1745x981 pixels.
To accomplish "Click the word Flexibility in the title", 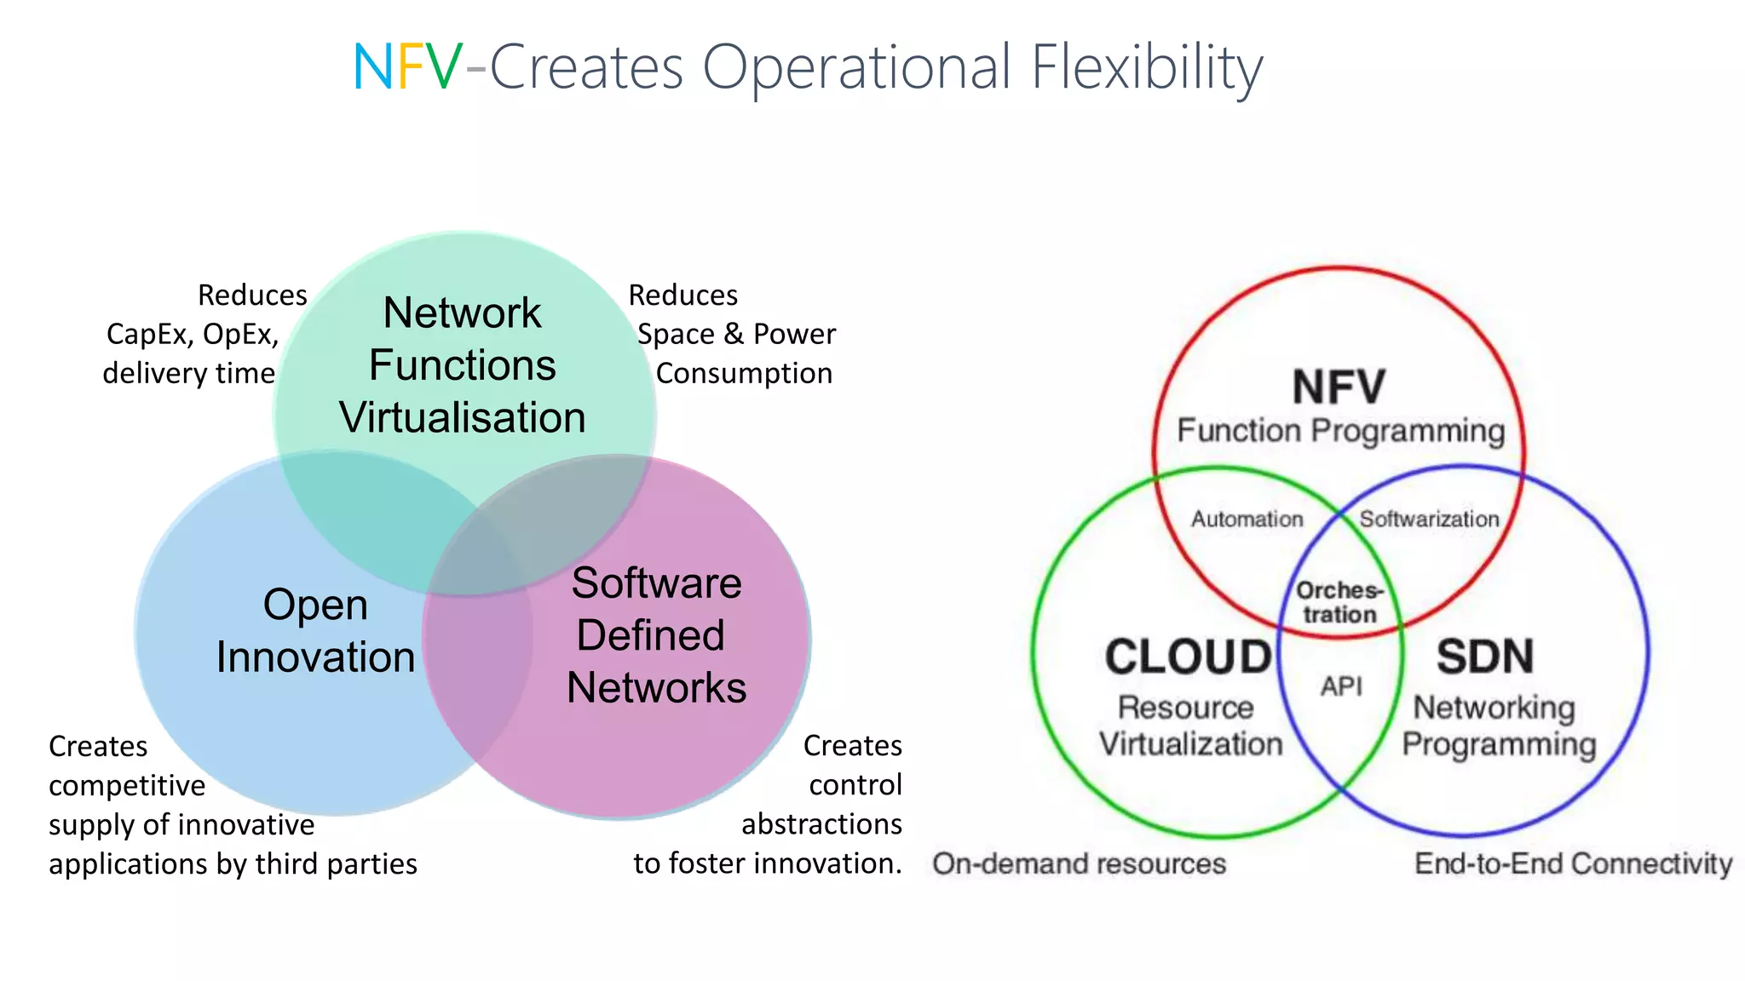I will pyautogui.click(x=1146, y=68).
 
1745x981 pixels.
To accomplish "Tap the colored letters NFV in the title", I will pyautogui.click(x=408, y=67).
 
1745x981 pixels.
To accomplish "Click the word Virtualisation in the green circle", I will pyautogui.click(x=462, y=417).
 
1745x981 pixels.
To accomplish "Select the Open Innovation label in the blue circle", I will pyautogui.click(x=315, y=631).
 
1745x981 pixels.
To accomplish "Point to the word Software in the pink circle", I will pyautogui.click(x=656, y=583).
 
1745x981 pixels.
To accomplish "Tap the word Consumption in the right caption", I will pyautogui.click(x=744, y=373).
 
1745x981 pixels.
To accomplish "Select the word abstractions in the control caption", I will pyautogui.click(x=821, y=823).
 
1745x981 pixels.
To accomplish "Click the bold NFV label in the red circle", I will pyautogui.click(x=1339, y=387).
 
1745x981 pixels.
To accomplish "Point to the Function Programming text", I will pyautogui.click(x=1340, y=431).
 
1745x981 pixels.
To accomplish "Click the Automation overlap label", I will pyautogui.click(x=1247, y=519).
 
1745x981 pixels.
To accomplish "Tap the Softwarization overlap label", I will pyautogui.click(x=1429, y=519).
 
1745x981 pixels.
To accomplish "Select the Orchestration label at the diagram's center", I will pyautogui.click(x=1339, y=602).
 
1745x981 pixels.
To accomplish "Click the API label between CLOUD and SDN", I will pyautogui.click(x=1341, y=686).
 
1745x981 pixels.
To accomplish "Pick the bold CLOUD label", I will pyautogui.click(x=1188, y=657).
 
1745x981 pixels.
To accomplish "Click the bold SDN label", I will pyautogui.click(x=1484, y=657).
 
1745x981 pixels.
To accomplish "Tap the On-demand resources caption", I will pyautogui.click(x=1079, y=863).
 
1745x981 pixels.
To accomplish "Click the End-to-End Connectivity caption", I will pyautogui.click(x=1573, y=863).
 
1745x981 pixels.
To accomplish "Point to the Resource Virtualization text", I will pyautogui.click(x=1189, y=726).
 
